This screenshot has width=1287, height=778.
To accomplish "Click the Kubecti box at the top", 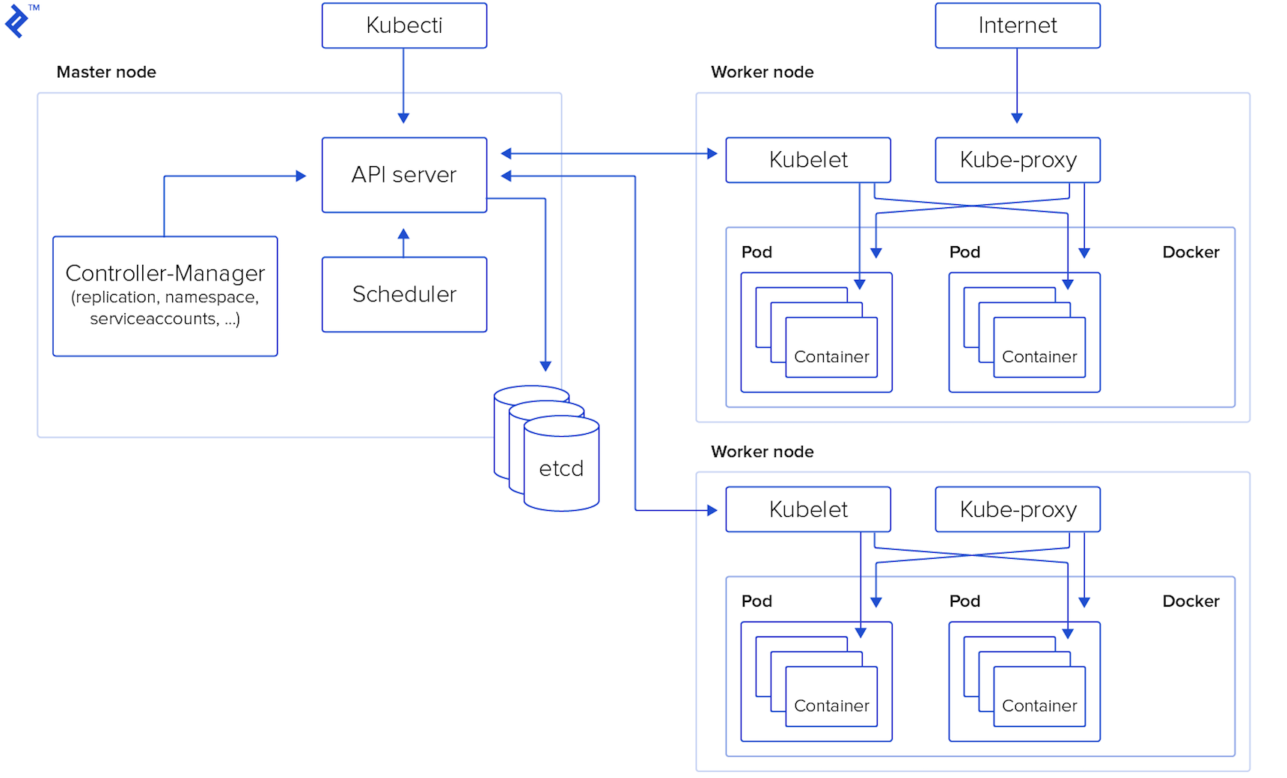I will (x=404, y=25).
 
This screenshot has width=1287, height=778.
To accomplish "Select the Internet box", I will (x=1017, y=25).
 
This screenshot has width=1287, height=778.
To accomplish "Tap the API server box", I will (x=404, y=174).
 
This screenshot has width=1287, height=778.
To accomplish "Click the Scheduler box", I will (x=404, y=294).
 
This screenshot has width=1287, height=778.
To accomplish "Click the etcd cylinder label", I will (x=561, y=469).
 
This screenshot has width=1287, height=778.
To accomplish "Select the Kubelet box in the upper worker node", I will (x=808, y=159).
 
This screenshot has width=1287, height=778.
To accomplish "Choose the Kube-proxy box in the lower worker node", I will (x=1018, y=509).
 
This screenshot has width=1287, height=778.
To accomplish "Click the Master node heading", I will (x=106, y=72).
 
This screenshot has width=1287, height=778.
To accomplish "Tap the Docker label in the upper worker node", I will (x=1190, y=252).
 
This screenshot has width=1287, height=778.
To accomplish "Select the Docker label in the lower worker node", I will (x=1190, y=601).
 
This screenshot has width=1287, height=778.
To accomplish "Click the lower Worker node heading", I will (x=762, y=452).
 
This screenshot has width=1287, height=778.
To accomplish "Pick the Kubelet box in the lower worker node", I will (x=808, y=509).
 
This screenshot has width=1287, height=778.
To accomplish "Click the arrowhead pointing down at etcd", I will (x=545, y=365).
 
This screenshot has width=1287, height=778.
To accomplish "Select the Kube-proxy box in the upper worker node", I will (x=1018, y=159).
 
